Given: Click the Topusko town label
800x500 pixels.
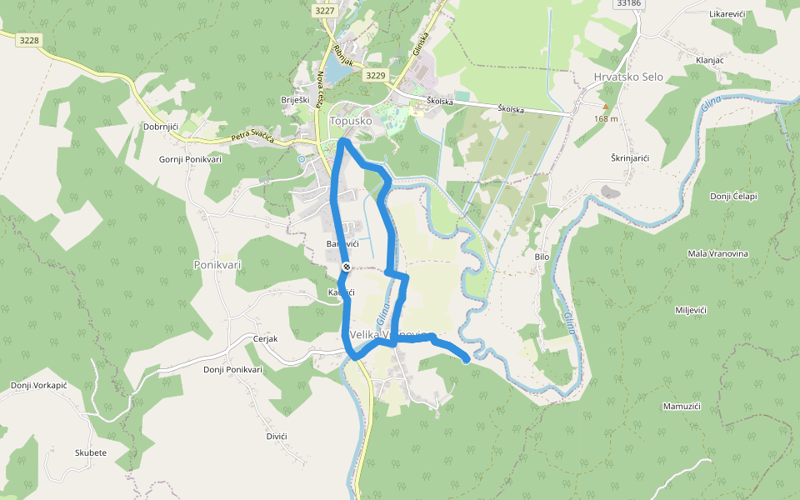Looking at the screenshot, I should pyautogui.click(x=349, y=121).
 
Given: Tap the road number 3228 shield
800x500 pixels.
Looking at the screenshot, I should pyautogui.click(x=29, y=40).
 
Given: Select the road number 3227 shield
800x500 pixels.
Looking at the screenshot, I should pyautogui.click(x=325, y=11).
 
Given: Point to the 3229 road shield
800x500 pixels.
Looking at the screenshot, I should pyautogui.click(x=376, y=75).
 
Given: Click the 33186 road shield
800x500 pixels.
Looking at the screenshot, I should pyautogui.click(x=629, y=3).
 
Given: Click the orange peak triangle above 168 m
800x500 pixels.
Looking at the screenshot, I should pyautogui.click(x=606, y=107).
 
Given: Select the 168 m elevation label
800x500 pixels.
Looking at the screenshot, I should pyautogui.click(x=606, y=118).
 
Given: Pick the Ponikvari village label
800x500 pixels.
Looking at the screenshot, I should pyautogui.click(x=217, y=264).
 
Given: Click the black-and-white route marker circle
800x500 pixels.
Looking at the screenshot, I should pyautogui.click(x=346, y=267).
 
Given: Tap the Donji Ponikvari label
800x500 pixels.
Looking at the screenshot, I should pyautogui.click(x=232, y=369).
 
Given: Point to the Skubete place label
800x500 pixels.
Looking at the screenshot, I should pyautogui.click(x=91, y=452).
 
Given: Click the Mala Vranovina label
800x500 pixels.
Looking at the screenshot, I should pyautogui.click(x=717, y=253).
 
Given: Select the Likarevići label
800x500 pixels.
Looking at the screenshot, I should pyautogui.click(x=727, y=15).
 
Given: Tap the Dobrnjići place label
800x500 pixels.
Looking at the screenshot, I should pyautogui.click(x=162, y=127).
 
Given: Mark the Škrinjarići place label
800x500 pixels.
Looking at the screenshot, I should pyautogui.click(x=631, y=157).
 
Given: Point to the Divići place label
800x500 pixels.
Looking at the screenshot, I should pyautogui.click(x=277, y=437).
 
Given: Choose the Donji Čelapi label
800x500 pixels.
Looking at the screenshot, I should pyautogui.click(x=732, y=196).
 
